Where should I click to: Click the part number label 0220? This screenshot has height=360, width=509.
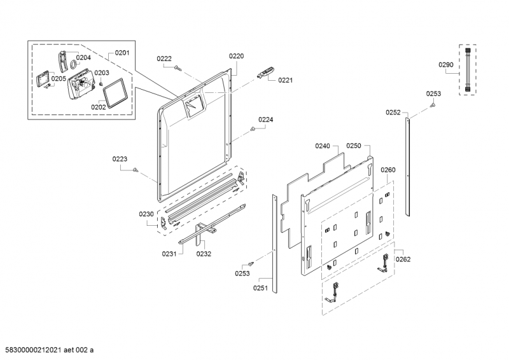pyautogui.click(x=236, y=56)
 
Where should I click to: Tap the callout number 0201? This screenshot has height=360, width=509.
pyautogui.click(x=122, y=53)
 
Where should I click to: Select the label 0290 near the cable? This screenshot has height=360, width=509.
pyautogui.click(x=446, y=65)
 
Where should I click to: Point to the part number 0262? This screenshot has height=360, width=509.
pyautogui.click(x=403, y=259)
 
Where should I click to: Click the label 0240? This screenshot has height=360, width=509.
pyautogui.click(x=323, y=146)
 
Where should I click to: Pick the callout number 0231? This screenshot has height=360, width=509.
pyautogui.click(x=169, y=254)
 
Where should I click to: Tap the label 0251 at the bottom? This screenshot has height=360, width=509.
pyautogui.click(x=260, y=287)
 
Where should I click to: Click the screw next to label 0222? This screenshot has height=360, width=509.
pyautogui.click(x=178, y=68)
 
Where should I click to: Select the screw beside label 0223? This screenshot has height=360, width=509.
pyautogui.click(x=136, y=169)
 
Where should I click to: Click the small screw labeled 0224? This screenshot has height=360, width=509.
pyautogui.click(x=253, y=129)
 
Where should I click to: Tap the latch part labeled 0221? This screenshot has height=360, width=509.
pyautogui.click(x=265, y=72)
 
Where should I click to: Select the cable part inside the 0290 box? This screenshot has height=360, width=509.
pyautogui.click(x=468, y=70)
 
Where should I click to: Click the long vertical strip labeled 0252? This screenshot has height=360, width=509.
pyautogui.click(x=407, y=167)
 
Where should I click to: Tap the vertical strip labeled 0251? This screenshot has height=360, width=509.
pyautogui.click(x=275, y=244)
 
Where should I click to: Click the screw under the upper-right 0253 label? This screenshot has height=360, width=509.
pyautogui.click(x=433, y=105)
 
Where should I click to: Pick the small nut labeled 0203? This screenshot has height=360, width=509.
pyautogui.click(x=101, y=83)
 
